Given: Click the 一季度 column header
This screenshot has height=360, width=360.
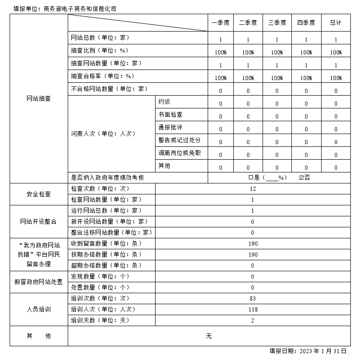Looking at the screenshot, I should pyautogui.click(x=220, y=22).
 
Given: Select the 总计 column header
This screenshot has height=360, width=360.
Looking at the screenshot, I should pyautogui.click(x=336, y=22).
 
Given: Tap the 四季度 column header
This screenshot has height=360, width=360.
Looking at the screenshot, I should pyautogui.click(x=306, y=22).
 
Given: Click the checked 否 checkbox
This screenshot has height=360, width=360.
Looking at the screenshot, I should pyautogui.click(x=301, y=177).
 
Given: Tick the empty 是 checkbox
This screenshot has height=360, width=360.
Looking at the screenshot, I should pyautogui.click(x=250, y=177).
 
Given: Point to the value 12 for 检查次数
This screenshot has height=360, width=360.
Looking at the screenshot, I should pyautogui.click(x=253, y=188).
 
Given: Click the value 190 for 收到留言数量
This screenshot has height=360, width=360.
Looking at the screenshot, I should pyautogui.click(x=253, y=243).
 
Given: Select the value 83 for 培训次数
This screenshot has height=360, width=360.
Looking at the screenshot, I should pyautogui.click(x=253, y=299).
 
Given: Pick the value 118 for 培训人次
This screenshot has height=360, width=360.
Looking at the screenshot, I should pyautogui.click(x=253, y=310).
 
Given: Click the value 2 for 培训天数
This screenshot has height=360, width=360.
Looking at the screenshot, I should pyautogui.click(x=253, y=321).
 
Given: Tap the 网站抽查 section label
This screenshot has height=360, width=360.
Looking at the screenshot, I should pyautogui.click(x=38, y=99).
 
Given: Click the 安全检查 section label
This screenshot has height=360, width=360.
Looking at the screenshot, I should pyautogui.click(x=38, y=194).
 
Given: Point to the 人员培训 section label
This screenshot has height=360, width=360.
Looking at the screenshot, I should pyautogui.click(x=38, y=310).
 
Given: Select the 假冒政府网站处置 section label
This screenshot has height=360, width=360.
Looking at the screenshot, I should pyautogui.click(x=38, y=282).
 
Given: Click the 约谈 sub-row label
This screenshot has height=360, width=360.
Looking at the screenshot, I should pyautogui.click(x=164, y=102).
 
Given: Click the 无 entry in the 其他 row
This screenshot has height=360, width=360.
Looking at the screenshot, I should pyautogui.click(x=209, y=336).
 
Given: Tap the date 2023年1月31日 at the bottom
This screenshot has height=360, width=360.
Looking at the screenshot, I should pyautogui.click(x=308, y=351).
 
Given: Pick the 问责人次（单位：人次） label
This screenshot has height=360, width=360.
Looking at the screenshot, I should pyautogui.click(x=103, y=134).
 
